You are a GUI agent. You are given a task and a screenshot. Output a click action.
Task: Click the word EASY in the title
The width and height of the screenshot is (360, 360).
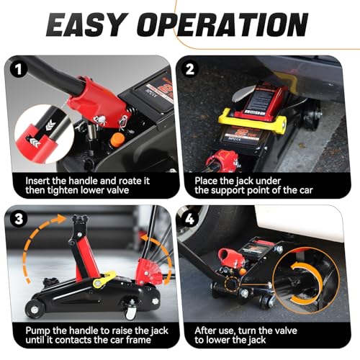point(87,24)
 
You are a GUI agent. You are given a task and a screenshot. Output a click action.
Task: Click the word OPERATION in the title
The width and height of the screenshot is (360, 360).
point(222,24)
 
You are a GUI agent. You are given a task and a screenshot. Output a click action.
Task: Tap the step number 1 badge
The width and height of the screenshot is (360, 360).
point(18,70)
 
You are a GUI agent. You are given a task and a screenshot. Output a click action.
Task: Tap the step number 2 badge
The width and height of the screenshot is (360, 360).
point(190,70)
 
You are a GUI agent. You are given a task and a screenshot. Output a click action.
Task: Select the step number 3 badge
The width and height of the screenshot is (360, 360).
point(19,219)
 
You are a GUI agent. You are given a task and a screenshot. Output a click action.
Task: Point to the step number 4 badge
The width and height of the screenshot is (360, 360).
point(189,219)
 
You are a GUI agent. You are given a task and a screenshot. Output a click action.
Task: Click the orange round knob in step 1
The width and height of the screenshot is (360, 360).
point(117,139)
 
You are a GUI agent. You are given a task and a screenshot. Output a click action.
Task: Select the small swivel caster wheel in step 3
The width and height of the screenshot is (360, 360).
point(130,311)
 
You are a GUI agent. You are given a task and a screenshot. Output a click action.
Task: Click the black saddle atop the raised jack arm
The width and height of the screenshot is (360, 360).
point(80,219)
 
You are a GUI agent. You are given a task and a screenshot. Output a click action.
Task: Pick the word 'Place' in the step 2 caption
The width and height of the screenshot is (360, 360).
point(207,181)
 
